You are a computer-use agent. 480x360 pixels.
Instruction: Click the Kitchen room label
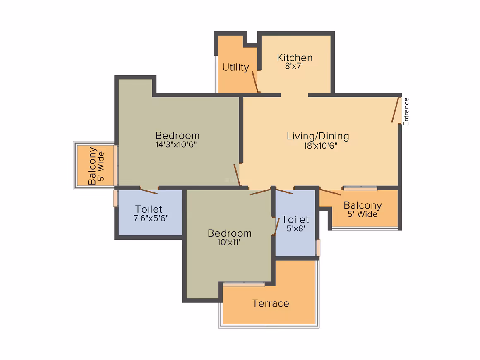295,58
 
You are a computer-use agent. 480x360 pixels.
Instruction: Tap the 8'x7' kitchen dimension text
294,66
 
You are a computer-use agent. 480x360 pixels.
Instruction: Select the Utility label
235,67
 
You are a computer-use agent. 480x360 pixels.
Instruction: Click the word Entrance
406,111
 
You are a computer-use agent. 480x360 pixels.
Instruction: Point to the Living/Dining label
318,136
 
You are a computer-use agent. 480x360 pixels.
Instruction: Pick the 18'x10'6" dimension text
320,146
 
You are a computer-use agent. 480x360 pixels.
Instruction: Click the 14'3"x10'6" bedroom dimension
176,144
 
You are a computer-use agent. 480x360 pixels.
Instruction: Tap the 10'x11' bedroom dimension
228,242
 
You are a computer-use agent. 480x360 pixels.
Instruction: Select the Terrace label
271,303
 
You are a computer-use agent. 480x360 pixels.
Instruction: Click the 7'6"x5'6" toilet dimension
151,218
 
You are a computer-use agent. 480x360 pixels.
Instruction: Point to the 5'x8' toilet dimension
296,228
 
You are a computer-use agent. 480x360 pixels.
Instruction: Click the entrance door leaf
395,110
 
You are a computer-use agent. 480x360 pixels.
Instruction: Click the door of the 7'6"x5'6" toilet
149,192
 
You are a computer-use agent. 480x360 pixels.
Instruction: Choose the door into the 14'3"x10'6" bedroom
237,175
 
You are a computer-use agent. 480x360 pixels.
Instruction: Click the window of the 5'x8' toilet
318,247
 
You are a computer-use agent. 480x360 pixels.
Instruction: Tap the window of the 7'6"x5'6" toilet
115,198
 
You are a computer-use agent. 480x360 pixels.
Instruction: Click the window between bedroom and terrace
244,285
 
